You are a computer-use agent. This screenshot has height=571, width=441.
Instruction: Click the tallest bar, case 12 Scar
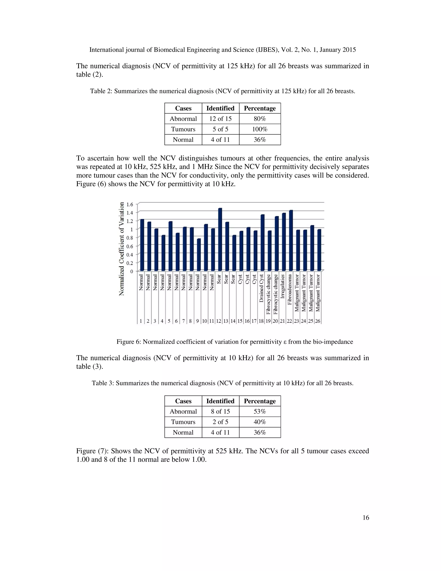point(220,239)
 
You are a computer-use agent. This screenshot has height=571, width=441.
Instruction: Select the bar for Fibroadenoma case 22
point(291,240)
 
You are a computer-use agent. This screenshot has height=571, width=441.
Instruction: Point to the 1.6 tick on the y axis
point(130,204)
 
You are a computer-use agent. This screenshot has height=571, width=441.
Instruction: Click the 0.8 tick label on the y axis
point(130,238)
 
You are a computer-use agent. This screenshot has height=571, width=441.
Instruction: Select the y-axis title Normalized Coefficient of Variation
point(121,249)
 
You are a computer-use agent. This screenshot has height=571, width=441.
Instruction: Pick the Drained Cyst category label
point(261,288)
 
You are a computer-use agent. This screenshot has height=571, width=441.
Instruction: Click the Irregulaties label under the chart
point(283,286)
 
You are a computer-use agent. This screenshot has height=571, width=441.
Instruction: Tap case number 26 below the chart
point(317,321)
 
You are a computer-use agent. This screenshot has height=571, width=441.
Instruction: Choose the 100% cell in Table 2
point(260,129)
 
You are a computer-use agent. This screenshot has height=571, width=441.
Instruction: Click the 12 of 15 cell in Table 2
point(220,119)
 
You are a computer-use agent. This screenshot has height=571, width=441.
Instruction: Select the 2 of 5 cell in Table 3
point(220,422)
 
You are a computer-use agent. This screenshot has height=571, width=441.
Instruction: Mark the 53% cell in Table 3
point(260,411)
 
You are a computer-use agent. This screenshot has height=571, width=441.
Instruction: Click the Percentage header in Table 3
point(260,401)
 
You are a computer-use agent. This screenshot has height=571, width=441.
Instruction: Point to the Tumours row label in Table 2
point(183,129)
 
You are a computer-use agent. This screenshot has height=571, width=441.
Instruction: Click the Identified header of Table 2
point(220,108)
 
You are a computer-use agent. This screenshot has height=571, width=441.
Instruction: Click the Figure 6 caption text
point(235,342)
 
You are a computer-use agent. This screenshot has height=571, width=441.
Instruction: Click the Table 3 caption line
point(222,383)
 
